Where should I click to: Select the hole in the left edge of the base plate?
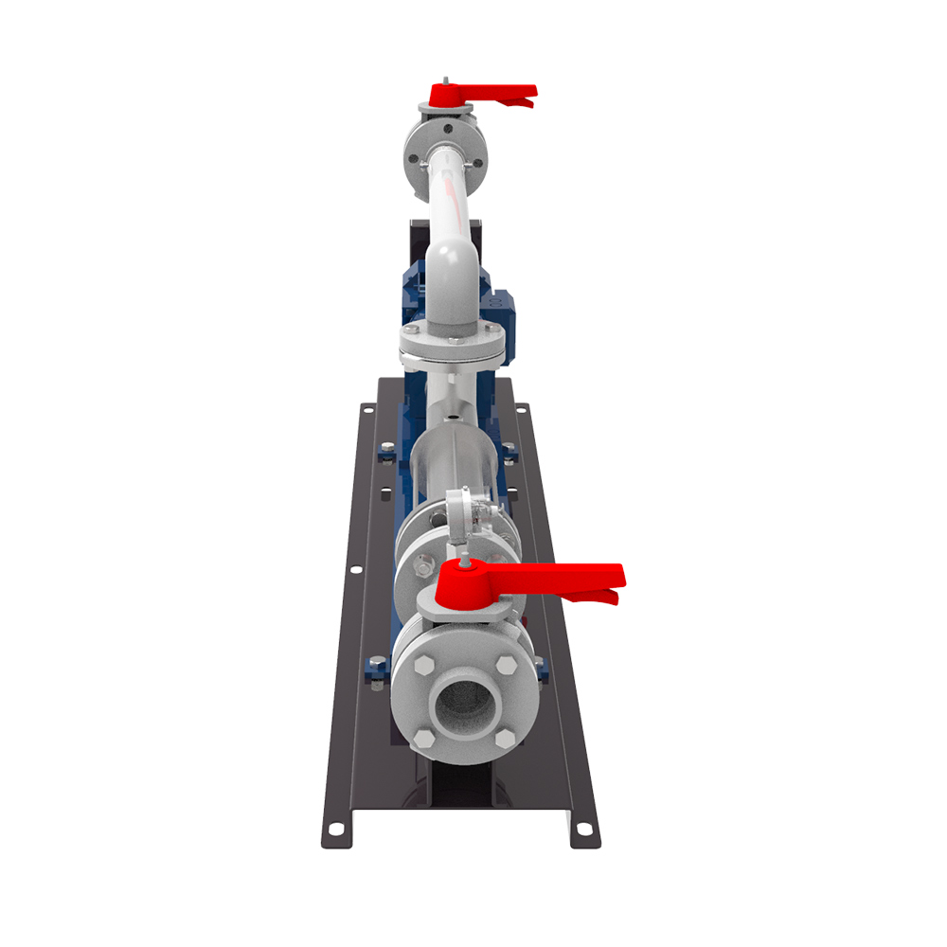tap(354, 571)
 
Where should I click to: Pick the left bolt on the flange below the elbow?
tap(412, 331)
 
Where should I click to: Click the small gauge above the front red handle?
tap(459, 511)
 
